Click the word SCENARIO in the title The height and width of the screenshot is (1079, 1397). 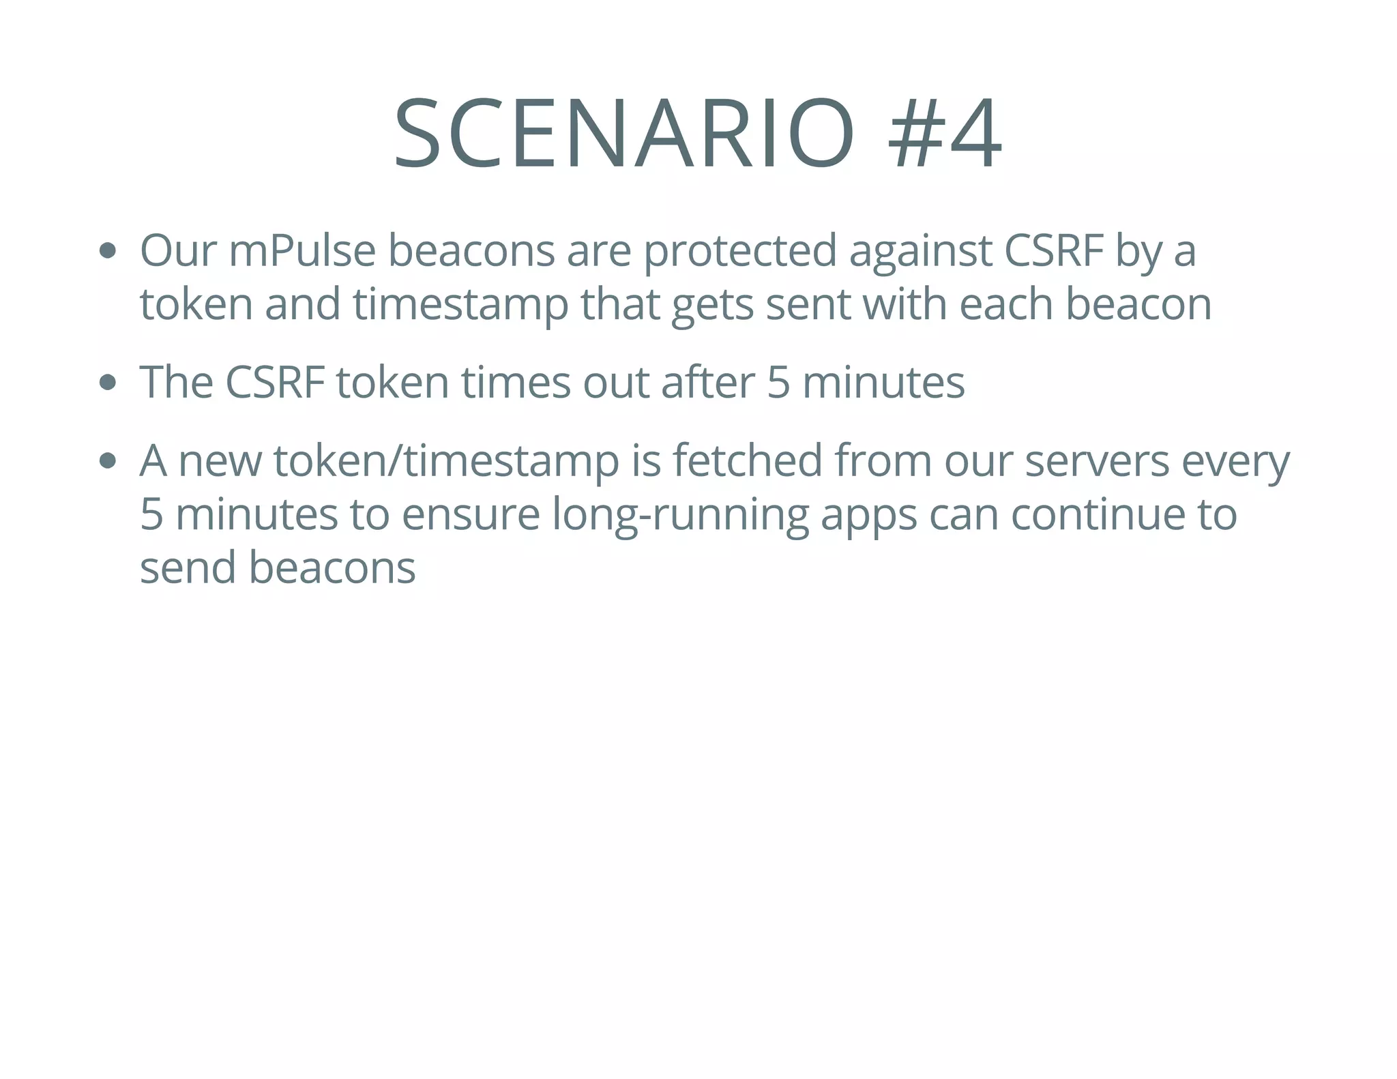[x=623, y=134]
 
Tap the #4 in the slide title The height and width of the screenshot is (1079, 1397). [x=945, y=134]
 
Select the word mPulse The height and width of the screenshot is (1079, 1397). [x=302, y=251]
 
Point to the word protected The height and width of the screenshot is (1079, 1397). [x=740, y=251]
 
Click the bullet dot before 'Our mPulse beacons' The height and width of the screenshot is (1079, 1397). [x=107, y=250]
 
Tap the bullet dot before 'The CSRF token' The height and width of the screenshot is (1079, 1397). [x=107, y=383]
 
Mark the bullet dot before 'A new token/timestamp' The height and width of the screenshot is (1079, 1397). [x=107, y=462]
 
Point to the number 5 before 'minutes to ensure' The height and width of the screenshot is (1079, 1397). [x=151, y=515]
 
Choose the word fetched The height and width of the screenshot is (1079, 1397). [x=748, y=461]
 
